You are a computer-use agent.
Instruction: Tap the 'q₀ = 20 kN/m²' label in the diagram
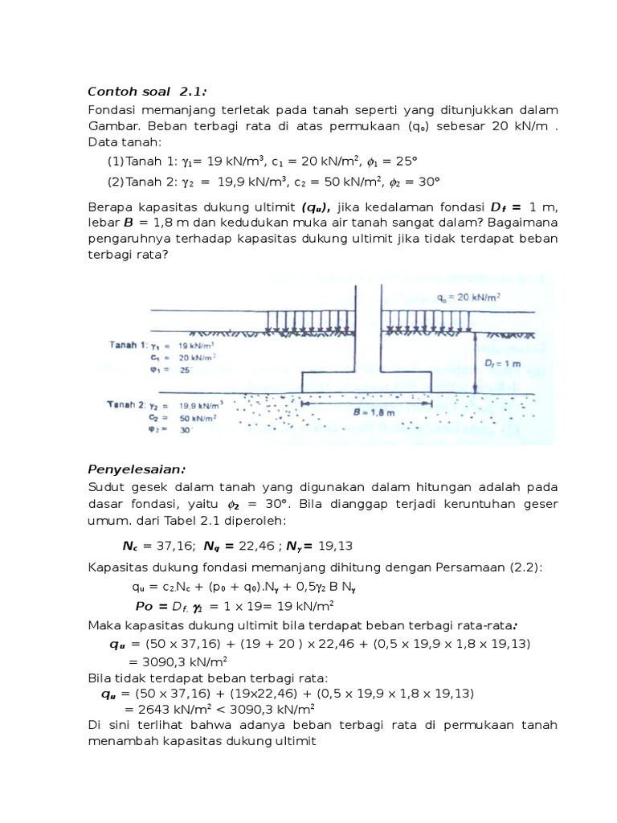[x=469, y=297]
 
